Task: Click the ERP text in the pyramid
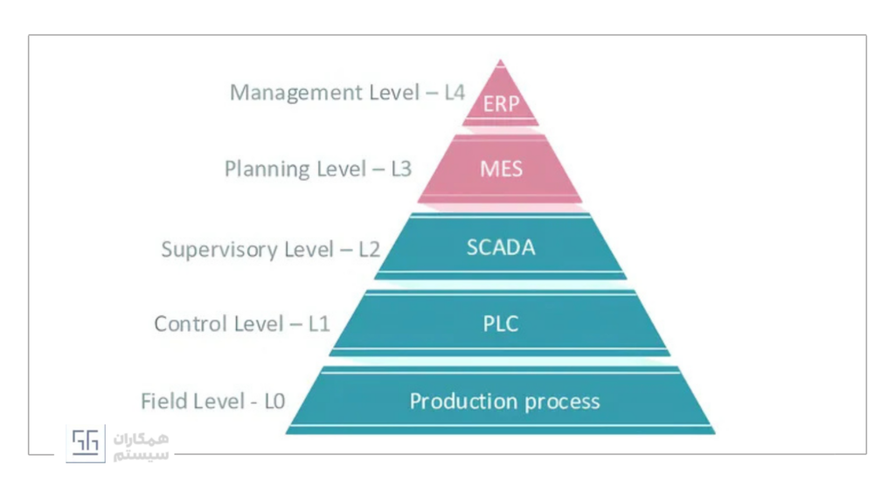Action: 501,104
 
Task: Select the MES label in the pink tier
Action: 501,169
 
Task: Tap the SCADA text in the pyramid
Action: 501,247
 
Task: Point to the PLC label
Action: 501,324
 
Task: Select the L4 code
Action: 454,93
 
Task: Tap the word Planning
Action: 267,169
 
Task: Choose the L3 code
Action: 401,169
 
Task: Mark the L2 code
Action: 370,249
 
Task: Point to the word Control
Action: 191,324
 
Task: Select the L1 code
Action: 319,324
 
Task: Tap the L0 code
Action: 274,402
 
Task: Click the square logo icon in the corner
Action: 86,443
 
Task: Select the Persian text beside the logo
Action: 141,446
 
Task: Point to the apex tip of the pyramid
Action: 500,59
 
